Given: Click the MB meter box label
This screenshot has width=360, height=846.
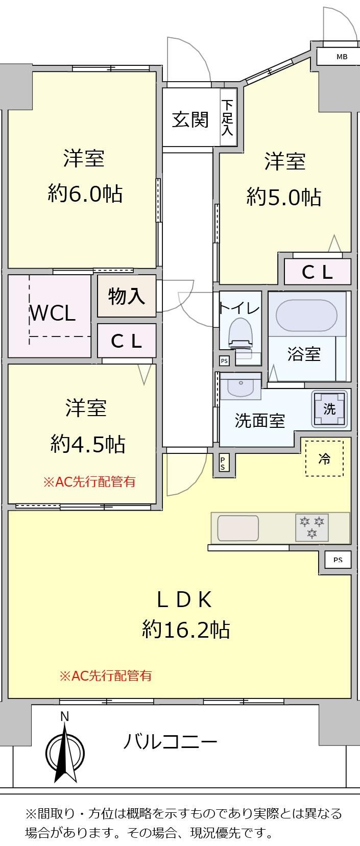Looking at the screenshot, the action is pos(342,57).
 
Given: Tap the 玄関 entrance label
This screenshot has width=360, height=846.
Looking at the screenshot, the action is pos(190,119).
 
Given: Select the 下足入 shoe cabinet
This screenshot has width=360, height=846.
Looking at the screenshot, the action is pos(228,117).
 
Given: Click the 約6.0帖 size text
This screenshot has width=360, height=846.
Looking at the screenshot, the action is pos(85,194).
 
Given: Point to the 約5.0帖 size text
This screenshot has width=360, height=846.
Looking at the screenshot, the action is pos(284,197).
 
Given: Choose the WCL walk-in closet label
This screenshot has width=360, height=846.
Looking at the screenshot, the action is pos(53,313).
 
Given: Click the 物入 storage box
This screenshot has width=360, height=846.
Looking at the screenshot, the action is pos(127,296).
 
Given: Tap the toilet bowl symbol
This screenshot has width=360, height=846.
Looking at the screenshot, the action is pos(241,334).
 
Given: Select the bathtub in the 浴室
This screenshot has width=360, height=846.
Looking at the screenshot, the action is pos(306,316).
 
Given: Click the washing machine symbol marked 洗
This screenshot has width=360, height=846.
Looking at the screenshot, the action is pos(329,408).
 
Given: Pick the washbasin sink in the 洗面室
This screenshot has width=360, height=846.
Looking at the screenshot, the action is pos(241,386).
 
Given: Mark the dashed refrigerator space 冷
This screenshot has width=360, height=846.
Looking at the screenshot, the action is pos(324,458).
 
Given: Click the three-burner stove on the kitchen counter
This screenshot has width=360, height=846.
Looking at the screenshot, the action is pos(311,527).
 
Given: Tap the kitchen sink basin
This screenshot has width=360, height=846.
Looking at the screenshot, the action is pos(238,527).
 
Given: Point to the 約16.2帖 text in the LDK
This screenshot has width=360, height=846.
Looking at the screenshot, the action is pos(186,629).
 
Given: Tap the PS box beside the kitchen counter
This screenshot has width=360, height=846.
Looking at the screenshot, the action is pos(338,560).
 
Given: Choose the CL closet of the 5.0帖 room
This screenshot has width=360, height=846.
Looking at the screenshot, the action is pos(318,272).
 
